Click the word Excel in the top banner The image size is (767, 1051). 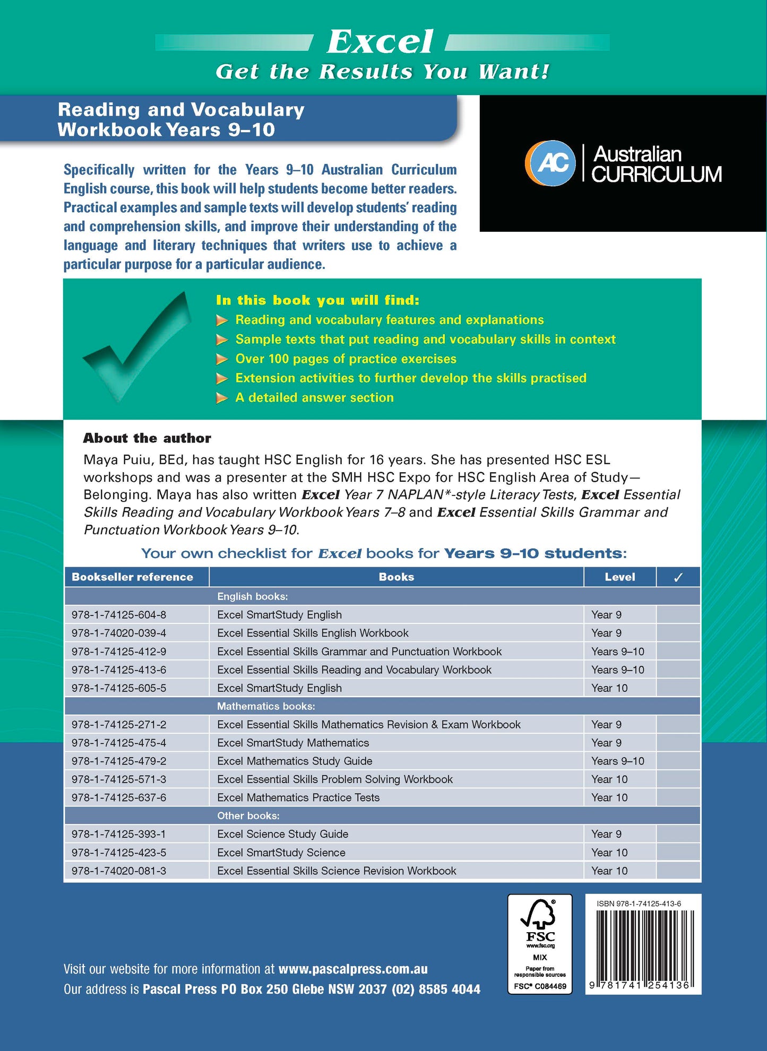click(380, 42)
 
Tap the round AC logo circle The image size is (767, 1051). click(550, 163)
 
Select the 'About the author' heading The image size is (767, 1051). click(147, 438)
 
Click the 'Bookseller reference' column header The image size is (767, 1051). click(132, 577)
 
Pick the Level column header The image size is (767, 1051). click(619, 577)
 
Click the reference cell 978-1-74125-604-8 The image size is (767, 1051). click(119, 615)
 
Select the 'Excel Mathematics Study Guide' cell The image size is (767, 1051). click(295, 761)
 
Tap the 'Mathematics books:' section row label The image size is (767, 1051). click(266, 706)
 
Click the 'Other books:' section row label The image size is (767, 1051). click(248, 815)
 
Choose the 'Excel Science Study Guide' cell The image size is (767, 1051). click(282, 834)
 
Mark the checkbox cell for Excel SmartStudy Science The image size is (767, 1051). click(678, 853)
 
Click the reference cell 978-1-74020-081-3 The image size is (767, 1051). click(119, 871)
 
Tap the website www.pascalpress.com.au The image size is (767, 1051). click(353, 969)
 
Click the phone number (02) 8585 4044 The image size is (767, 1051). click(436, 989)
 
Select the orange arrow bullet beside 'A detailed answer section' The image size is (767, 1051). click(222, 398)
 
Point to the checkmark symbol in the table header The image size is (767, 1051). click(678, 578)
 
